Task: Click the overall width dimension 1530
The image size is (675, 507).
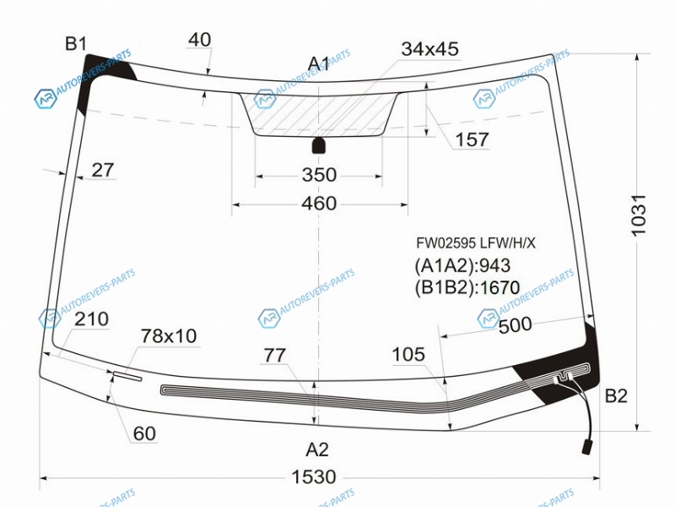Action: pos(314,477)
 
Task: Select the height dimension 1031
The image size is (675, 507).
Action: pos(639,215)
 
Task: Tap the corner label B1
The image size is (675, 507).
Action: pos(76,44)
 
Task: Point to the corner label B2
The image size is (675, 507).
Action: pos(616,395)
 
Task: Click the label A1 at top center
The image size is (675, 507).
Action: pos(319,64)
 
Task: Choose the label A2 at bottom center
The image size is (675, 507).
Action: pos(317,450)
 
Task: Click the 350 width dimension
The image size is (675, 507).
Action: pos(319,175)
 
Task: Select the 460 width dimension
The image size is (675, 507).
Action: pos(319,203)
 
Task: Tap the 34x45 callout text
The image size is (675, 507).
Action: pos(430,49)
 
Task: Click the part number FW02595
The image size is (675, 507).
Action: pos(446,243)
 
